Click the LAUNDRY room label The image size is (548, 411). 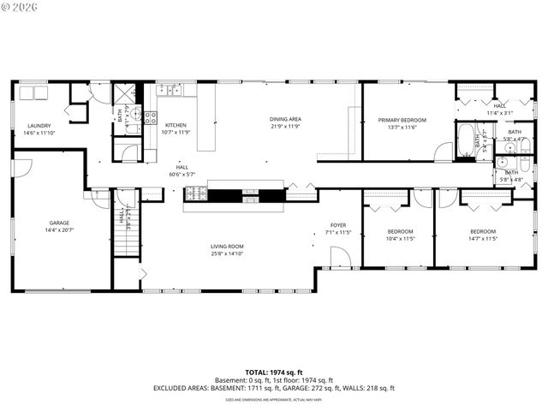coord(39,126)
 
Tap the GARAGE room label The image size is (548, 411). coord(57,223)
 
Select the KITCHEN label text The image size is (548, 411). coord(176,125)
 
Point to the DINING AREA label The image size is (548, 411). coord(285,119)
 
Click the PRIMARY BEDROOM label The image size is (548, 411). coord(402,120)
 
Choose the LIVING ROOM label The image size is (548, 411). coord(228,247)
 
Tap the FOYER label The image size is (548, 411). coord(339,225)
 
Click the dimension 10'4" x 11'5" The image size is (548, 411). coord(400,239)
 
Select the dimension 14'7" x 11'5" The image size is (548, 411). coord(483,239)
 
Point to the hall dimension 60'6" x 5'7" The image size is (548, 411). coord(182,174)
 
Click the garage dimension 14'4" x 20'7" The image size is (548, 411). coord(57,230)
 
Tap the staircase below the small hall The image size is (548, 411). coord(127,245)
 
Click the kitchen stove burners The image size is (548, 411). coord(150,117)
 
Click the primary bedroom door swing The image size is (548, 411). coord(444,152)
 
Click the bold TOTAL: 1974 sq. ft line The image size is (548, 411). coord(274,372)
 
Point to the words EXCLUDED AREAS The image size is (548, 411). coord(182,388)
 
